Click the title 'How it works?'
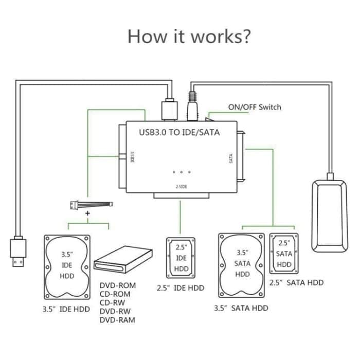(x=189, y=37)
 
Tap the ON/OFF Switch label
(x=255, y=107)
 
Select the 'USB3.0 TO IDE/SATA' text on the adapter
(x=179, y=133)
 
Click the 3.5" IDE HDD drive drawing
(x=67, y=268)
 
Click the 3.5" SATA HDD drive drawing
(x=242, y=267)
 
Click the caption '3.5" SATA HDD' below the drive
(x=241, y=308)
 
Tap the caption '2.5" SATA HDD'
(x=297, y=282)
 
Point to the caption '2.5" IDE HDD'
(x=181, y=288)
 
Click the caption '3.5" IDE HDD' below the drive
(x=66, y=309)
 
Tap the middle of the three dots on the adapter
(x=182, y=172)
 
